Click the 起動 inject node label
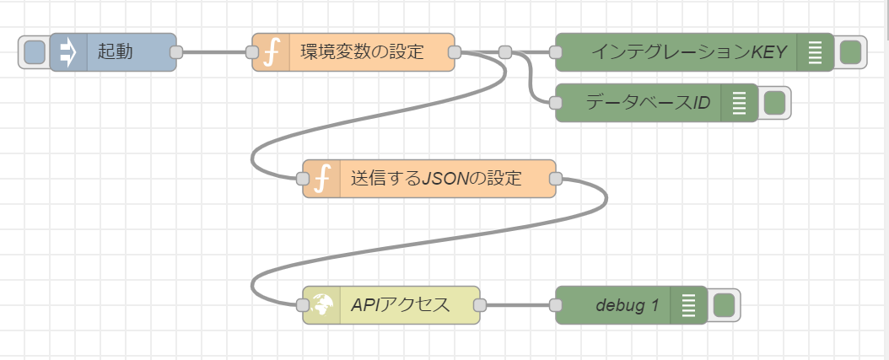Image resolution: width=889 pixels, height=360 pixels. (x=115, y=51)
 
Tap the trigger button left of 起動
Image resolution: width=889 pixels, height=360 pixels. (x=35, y=52)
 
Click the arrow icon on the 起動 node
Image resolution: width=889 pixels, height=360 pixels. (x=68, y=52)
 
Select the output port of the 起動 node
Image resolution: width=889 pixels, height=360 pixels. (x=176, y=52)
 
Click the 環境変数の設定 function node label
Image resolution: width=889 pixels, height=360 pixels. (x=363, y=51)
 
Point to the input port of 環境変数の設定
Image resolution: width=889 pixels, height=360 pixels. (x=252, y=52)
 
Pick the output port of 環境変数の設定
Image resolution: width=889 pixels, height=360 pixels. (x=455, y=52)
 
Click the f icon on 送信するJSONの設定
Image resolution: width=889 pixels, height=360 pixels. (x=321, y=179)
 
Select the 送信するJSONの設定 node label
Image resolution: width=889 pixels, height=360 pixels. (x=436, y=179)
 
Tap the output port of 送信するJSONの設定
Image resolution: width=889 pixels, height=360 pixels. (x=556, y=179)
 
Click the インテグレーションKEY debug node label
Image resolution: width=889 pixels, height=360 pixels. (x=689, y=52)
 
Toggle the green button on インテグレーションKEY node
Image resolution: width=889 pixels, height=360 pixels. (x=850, y=52)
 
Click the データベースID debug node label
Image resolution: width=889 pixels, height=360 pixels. (x=648, y=103)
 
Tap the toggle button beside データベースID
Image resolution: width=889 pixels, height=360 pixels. (x=774, y=103)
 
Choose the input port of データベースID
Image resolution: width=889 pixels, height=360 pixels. (x=556, y=103)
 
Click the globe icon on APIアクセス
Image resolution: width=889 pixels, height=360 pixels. (x=322, y=305)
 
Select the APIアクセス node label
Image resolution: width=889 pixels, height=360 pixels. (x=401, y=305)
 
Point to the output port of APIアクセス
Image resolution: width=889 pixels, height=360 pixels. (x=480, y=305)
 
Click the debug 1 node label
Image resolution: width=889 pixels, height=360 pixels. (x=627, y=305)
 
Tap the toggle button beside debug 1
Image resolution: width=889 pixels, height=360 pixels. (x=724, y=305)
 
